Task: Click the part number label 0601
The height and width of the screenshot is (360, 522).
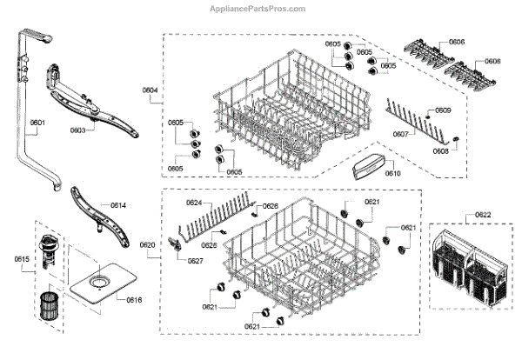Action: [37, 123]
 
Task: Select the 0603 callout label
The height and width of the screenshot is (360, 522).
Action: [77, 130]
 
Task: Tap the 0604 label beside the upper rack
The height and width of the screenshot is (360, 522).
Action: [150, 90]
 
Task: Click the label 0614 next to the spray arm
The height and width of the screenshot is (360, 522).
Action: [118, 205]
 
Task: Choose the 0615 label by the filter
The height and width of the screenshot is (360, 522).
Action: [22, 258]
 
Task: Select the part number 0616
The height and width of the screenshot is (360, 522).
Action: [134, 300]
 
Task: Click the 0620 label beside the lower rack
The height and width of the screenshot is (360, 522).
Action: [148, 245]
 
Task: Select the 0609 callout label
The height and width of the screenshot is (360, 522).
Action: [443, 110]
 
